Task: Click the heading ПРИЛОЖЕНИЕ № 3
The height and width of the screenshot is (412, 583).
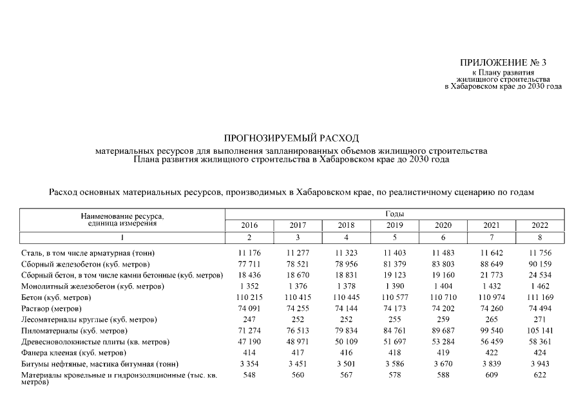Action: [x=503, y=62]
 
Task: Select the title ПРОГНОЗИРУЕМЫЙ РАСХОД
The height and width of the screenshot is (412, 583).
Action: [x=291, y=138]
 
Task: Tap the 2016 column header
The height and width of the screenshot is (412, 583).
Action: [x=249, y=225]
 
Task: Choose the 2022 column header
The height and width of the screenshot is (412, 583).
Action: [x=539, y=225]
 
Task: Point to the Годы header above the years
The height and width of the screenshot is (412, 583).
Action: [x=394, y=213]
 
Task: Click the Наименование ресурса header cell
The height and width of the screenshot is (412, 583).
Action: [x=122, y=219]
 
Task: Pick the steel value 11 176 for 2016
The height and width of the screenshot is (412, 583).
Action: [x=249, y=253]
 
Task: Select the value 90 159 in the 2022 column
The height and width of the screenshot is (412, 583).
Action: [x=539, y=264]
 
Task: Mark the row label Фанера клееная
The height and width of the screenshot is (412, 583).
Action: [x=73, y=353]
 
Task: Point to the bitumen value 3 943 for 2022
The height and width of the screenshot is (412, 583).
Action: [x=539, y=364]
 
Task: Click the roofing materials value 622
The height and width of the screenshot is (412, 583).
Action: [x=539, y=375]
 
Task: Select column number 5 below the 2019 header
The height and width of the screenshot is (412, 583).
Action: [x=394, y=238]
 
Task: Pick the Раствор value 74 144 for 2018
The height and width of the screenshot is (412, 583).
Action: [x=346, y=308]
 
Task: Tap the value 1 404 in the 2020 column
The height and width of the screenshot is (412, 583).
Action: [x=443, y=286]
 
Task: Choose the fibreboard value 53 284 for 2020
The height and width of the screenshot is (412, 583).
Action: [x=443, y=342]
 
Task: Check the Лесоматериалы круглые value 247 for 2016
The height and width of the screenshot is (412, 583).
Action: [x=249, y=319]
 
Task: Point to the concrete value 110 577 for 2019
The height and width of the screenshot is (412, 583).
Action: [x=394, y=297]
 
